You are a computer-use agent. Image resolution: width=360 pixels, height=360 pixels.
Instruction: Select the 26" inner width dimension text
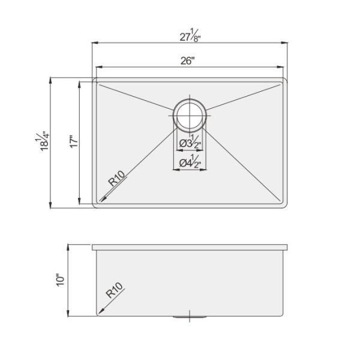click(x=187, y=60)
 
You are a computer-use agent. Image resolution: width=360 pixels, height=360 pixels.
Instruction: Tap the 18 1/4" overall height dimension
click(x=43, y=143)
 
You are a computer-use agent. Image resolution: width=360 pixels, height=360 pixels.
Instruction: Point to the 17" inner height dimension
click(x=73, y=143)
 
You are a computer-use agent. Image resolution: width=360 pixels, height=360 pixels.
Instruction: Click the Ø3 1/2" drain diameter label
click(x=190, y=143)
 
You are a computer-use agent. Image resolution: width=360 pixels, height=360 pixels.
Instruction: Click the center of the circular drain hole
click(x=190, y=113)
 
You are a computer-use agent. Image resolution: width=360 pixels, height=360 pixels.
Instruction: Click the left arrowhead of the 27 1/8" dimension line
click(x=94, y=43)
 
